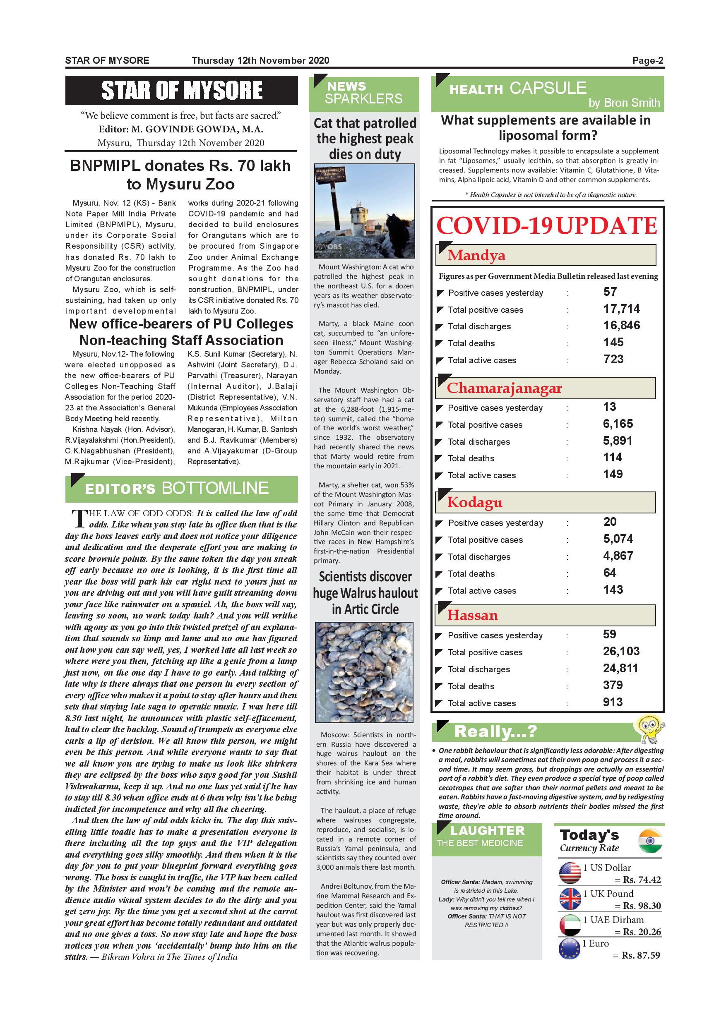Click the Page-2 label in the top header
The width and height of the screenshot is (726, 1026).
(x=647, y=61)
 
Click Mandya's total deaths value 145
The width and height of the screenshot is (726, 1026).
(x=613, y=343)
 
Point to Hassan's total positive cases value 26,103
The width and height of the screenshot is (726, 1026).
(x=621, y=651)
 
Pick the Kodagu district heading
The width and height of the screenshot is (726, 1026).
(x=475, y=503)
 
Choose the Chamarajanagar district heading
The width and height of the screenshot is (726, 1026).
(x=504, y=388)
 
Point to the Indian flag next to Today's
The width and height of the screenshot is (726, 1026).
(x=649, y=841)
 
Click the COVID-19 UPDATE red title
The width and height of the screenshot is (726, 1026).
(x=546, y=226)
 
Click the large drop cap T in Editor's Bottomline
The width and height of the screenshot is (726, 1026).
(x=78, y=518)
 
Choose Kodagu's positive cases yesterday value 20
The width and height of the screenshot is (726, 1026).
(x=610, y=522)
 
